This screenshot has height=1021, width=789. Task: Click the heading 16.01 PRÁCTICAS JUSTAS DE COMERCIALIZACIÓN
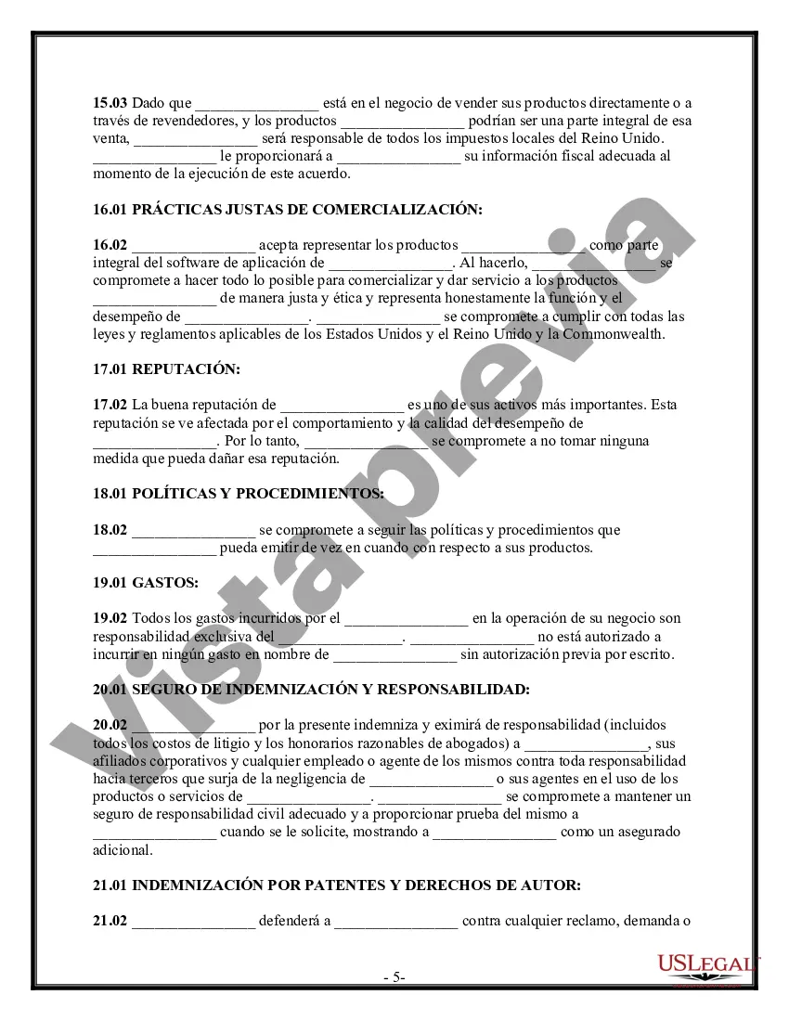pyautogui.click(x=288, y=210)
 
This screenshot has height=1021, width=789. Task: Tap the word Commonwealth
pyautogui.click(x=614, y=334)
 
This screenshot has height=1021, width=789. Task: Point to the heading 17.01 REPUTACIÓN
pyautogui.click(x=166, y=369)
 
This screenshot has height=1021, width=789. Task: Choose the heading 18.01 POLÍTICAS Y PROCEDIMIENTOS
pyautogui.click(x=239, y=494)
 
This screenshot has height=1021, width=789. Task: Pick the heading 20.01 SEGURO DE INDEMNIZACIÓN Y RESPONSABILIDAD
pyautogui.click(x=311, y=689)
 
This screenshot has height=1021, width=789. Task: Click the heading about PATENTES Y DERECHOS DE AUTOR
pyautogui.click(x=337, y=885)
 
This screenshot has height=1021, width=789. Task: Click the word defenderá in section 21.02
pyautogui.click(x=294, y=921)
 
